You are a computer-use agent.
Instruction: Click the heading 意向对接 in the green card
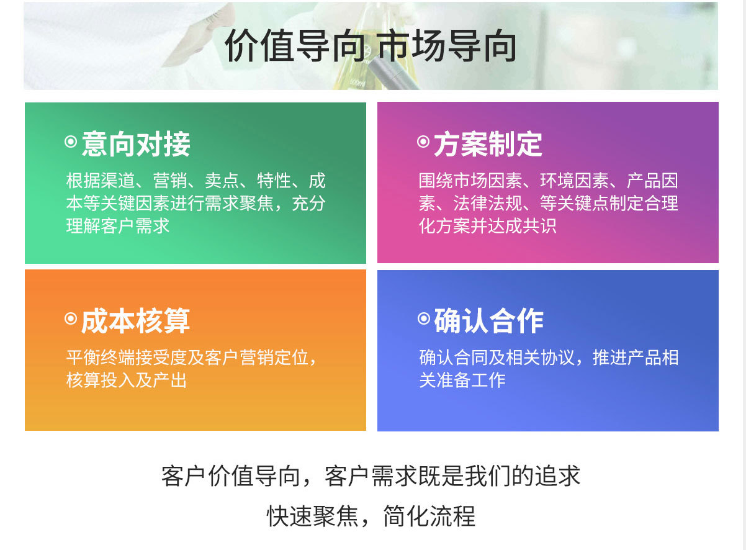136,144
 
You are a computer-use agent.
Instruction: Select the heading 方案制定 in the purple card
488,144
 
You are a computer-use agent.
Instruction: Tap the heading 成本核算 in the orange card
136,321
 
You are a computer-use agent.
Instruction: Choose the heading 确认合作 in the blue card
489,321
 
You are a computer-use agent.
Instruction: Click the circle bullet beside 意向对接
71,142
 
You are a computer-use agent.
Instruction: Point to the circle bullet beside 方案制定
423,142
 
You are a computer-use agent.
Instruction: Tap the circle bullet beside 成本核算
71,318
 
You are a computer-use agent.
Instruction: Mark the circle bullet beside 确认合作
424,318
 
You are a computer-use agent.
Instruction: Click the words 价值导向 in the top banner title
295,46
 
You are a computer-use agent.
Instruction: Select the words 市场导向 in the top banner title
447,46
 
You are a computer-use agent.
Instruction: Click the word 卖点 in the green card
222,181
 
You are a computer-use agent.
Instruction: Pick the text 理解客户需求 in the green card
118,226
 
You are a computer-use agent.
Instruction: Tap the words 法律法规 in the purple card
488,203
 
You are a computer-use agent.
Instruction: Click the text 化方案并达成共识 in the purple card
488,226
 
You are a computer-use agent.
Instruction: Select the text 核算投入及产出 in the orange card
127,380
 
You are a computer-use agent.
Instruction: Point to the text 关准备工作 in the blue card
462,380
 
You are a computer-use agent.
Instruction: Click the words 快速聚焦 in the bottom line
313,516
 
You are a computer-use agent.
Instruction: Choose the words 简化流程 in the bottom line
429,516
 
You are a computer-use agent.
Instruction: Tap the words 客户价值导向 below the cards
231,476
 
